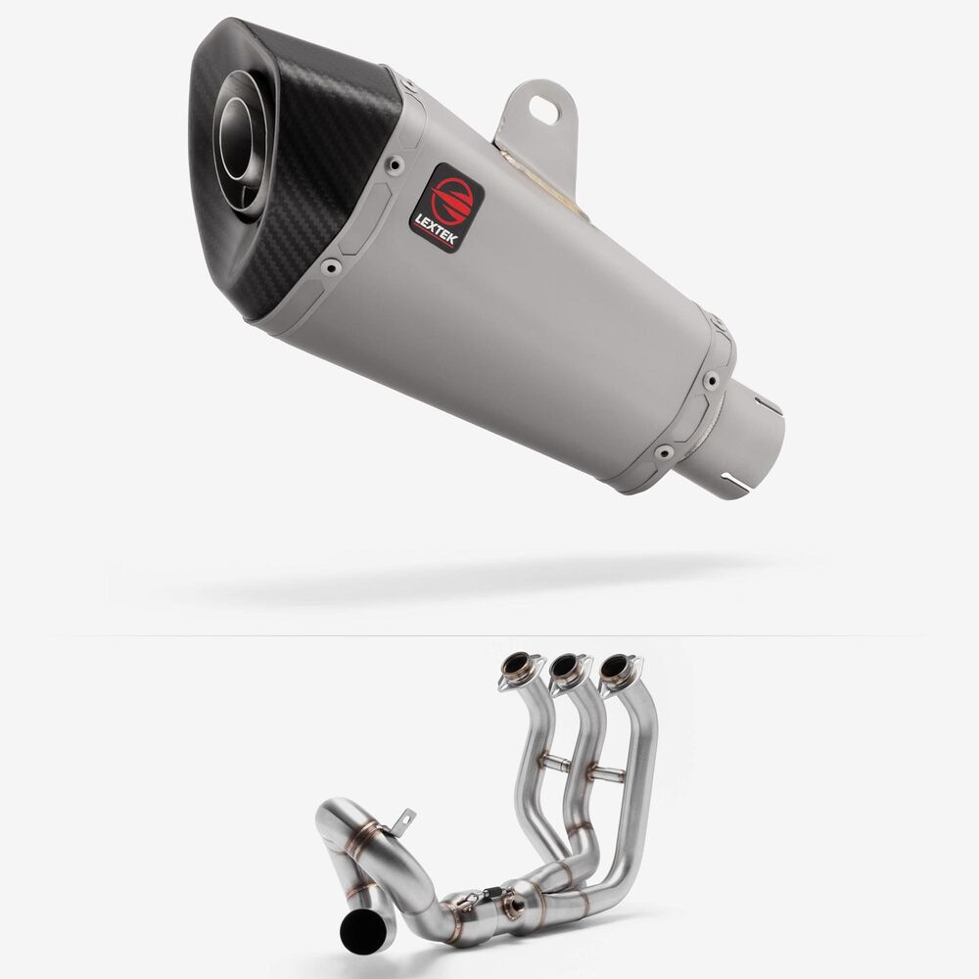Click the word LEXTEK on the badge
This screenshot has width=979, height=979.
(437, 229)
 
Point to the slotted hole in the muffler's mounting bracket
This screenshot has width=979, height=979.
(545, 109)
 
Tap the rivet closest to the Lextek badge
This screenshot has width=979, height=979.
(396, 164)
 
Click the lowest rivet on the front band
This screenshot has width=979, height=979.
(331, 268)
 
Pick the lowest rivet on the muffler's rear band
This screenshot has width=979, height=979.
(664, 451)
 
